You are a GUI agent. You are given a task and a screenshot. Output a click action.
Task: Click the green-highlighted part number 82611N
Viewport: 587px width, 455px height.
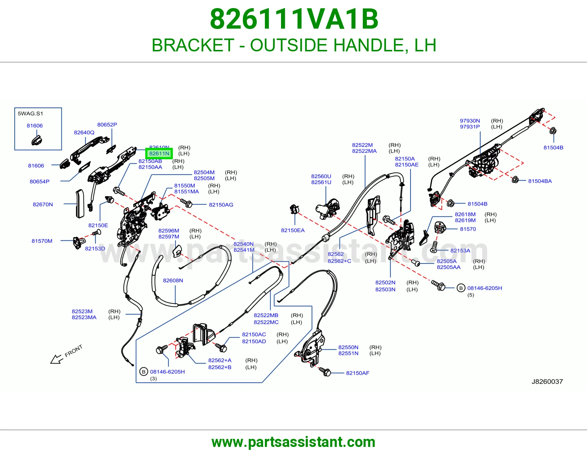pos(159,153)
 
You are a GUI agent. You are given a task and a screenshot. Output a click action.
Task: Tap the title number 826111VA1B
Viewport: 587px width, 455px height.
pos(294,19)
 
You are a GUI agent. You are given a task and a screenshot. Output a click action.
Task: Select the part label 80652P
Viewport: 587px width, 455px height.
pos(107,124)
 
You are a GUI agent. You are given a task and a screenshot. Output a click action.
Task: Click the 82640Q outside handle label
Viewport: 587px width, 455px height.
pos(84,132)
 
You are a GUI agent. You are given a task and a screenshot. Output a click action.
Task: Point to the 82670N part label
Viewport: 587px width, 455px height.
pos(43,204)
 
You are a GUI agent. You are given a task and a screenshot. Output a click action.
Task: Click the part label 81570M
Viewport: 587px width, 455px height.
pos(42,241)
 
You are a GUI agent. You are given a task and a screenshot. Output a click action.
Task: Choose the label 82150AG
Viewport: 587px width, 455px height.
pos(221,204)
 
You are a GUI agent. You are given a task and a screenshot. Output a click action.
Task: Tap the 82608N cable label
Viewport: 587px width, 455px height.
pos(173,280)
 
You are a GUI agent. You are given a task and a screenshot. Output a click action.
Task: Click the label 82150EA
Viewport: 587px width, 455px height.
pos(292,230)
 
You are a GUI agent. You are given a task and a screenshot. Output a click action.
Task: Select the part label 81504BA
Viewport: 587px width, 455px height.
pos(540,181)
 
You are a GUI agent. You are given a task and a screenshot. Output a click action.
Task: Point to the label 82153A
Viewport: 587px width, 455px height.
pos(460,251)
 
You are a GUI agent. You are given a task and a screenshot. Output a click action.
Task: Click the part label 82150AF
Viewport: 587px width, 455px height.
pos(357,373)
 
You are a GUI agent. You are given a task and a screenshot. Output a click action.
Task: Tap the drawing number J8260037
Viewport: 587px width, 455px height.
pos(547,382)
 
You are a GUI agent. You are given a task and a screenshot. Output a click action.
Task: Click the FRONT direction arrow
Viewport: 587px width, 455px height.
pos(56,359)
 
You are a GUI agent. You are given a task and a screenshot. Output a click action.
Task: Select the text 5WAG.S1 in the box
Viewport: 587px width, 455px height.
pos(30,113)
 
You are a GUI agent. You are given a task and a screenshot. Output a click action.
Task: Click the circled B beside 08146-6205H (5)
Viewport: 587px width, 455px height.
pos(461,288)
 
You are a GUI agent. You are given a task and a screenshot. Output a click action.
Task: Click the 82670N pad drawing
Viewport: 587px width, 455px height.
pos(80,203)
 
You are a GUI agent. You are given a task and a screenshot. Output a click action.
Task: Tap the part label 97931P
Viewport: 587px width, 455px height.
pos(470,127)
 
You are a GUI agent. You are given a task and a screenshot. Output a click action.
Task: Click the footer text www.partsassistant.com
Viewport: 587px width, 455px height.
pos(293,442)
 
